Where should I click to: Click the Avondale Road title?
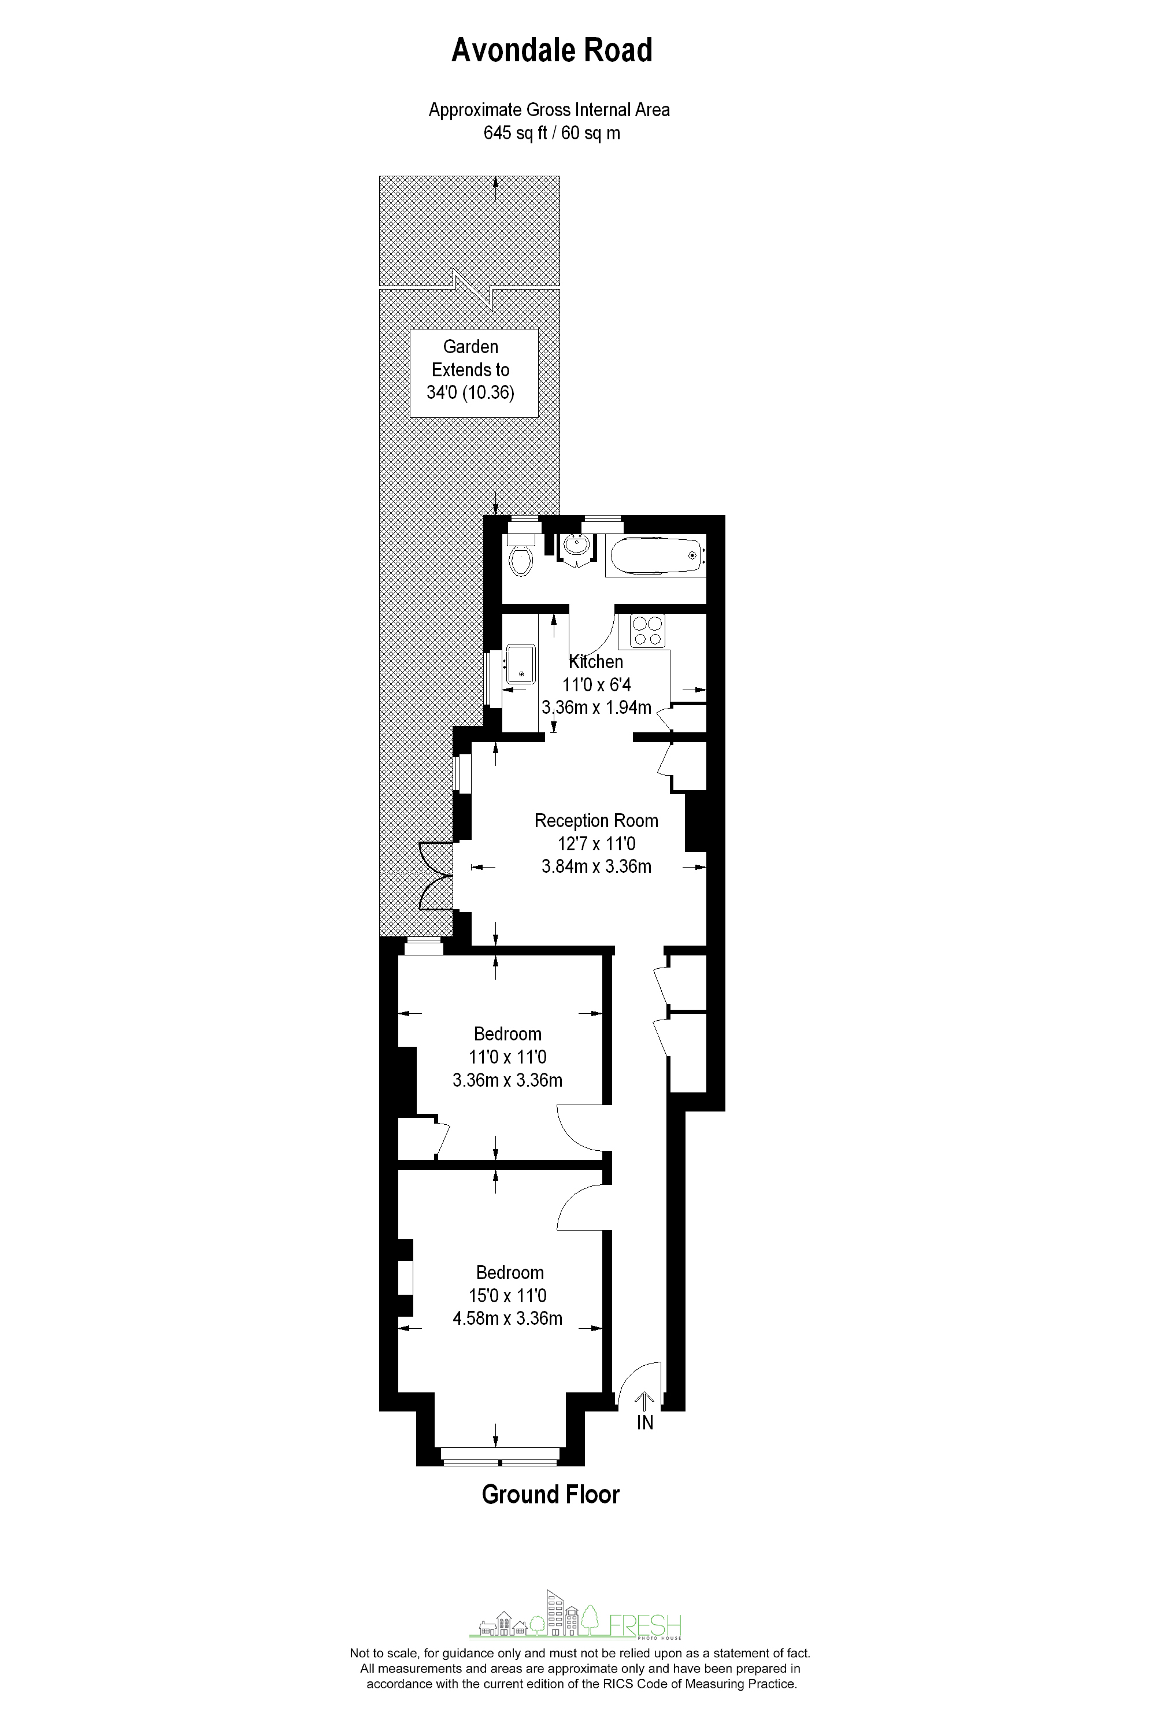point(551,51)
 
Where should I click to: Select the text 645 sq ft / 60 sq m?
point(551,134)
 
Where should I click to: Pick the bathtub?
point(655,555)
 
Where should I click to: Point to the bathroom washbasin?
point(576,547)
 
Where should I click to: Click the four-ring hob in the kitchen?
point(647,631)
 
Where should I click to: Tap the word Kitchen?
point(596,662)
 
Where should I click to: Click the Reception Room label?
point(596,821)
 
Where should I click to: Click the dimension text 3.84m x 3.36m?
point(596,866)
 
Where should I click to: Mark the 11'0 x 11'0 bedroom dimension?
point(507,1057)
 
